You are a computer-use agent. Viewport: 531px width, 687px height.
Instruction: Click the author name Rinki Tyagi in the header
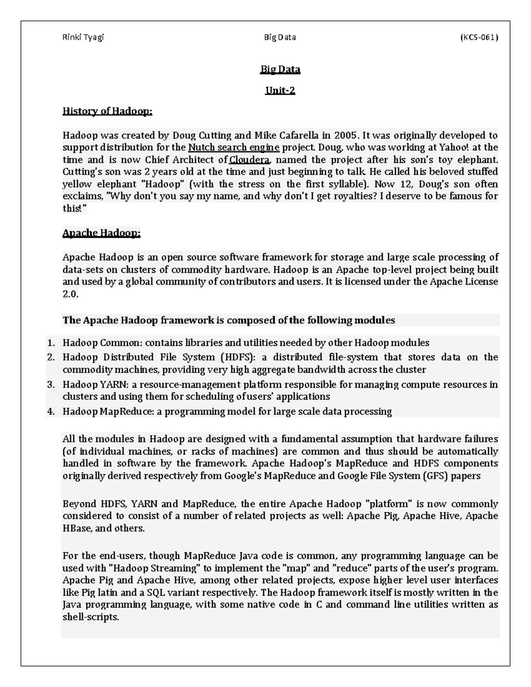click(83, 37)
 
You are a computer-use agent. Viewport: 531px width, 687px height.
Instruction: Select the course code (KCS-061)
click(479, 37)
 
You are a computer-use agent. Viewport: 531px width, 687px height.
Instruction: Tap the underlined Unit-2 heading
click(280, 91)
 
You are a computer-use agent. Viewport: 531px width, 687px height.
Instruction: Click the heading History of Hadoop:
click(107, 111)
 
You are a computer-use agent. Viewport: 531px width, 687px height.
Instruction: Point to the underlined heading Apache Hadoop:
click(101, 233)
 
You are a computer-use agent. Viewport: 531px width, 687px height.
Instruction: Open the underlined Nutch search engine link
click(234, 147)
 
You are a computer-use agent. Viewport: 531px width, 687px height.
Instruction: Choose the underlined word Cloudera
click(249, 160)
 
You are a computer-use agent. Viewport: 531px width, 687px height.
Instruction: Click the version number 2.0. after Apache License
click(70, 294)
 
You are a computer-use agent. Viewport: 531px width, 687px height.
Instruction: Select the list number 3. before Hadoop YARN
click(51, 385)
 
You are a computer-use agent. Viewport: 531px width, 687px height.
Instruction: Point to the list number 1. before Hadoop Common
click(51, 343)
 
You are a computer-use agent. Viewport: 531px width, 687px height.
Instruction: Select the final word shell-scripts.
click(91, 617)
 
